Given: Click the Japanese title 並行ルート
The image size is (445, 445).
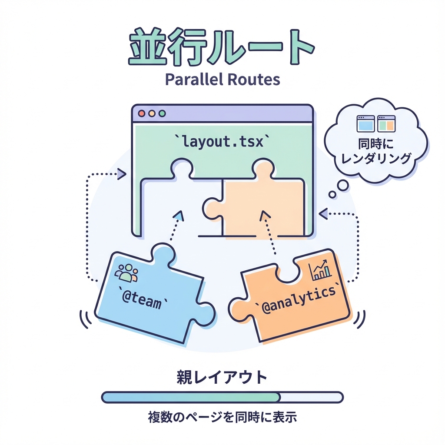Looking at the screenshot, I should click(222, 48).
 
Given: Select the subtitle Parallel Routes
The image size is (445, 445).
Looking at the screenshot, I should click(222, 80).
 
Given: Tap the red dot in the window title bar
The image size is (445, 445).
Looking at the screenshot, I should click(141, 113).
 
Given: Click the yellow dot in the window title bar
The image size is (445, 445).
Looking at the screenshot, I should click(152, 113).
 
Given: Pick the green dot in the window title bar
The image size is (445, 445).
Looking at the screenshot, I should click(163, 113).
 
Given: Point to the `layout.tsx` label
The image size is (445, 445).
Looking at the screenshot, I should click(222, 141).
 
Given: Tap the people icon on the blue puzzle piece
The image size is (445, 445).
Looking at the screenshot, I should click(126, 273).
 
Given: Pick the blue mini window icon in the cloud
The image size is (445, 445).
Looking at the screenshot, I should click(365, 123).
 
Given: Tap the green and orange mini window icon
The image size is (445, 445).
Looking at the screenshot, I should click(386, 123).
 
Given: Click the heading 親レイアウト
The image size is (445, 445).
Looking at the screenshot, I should click(222, 377).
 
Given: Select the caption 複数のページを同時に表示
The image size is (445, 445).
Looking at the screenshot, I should click(222, 418).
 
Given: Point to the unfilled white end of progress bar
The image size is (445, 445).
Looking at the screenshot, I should click(311, 397).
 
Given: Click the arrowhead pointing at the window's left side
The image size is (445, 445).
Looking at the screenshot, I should click(122, 174).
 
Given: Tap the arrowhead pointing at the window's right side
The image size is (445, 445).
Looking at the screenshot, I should click(323, 213).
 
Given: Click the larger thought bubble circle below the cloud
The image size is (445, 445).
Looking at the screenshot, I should click(343, 186).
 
